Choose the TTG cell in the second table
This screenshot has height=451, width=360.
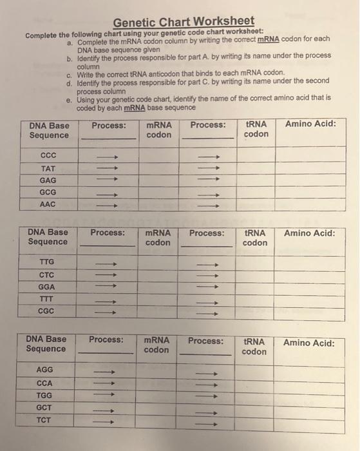47,262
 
